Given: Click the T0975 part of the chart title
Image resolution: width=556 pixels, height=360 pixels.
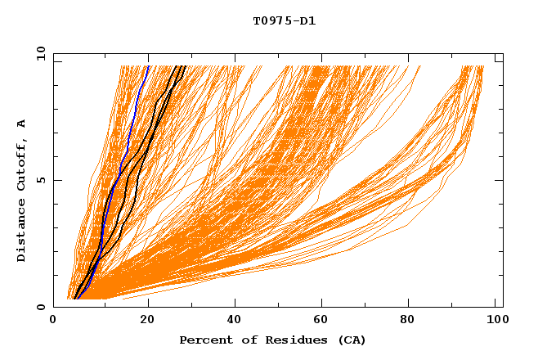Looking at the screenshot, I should [x=268, y=21].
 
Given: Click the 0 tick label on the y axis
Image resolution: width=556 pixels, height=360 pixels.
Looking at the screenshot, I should [x=41, y=308].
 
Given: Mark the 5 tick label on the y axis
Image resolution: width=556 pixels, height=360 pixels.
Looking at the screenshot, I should [x=41, y=181].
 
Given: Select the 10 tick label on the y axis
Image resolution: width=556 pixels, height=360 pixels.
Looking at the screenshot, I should [x=38, y=54].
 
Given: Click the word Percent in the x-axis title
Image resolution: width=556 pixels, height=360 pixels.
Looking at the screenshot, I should [x=203, y=340].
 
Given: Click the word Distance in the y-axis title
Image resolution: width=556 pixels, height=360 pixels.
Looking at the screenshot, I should [x=21, y=234].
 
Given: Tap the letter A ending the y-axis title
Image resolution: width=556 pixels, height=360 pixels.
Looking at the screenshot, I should [x=21, y=124].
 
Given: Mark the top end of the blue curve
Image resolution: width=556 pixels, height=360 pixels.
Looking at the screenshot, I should [x=148, y=66].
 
